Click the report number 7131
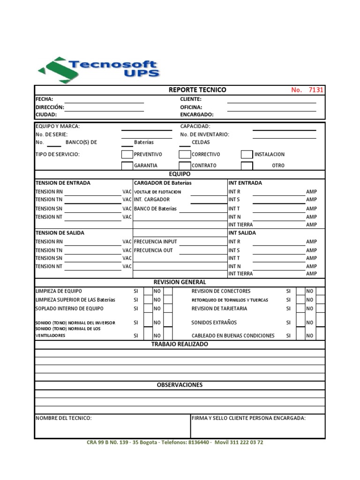tap(315, 90)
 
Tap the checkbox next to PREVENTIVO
tap(127, 154)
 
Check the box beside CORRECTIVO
tap(185, 154)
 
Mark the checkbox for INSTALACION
tap(247, 154)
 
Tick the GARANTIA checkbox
tap(127, 165)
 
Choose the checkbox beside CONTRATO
tap(185, 165)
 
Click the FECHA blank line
tap(104, 100)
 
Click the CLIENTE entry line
tap(271, 100)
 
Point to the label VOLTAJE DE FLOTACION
tap(157, 192)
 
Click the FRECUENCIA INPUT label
tap(156, 242)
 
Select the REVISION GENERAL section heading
tap(180, 282)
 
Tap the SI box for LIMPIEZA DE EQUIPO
tap(148, 292)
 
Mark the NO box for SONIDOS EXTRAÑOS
tap(320, 322)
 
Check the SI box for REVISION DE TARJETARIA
tap(300, 309)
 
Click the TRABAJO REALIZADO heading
tap(180, 345)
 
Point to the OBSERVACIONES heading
tap(180, 385)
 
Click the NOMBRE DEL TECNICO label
tap(64, 418)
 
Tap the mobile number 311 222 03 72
tap(246, 442)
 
